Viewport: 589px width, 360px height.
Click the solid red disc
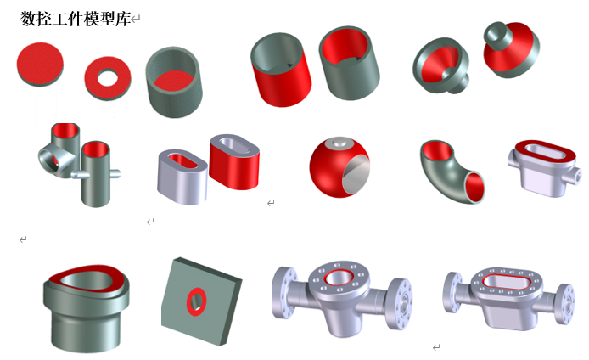(x=40, y=64)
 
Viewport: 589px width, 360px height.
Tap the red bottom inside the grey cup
(x=173, y=81)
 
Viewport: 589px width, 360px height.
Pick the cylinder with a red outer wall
(x=281, y=70)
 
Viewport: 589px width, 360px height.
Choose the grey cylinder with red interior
(x=349, y=63)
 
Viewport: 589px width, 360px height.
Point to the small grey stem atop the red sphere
(x=340, y=143)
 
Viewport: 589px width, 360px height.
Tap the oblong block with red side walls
(x=234, y=162)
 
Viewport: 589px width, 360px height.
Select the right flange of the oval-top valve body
(x=565, y=304)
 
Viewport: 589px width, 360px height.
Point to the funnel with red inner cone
(x=441, y=65)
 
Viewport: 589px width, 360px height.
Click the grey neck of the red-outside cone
(x=498, y=33)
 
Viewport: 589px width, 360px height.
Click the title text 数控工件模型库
(x=76, y=19)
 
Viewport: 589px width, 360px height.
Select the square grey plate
(x=201, y=301)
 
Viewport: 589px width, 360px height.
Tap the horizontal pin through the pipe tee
(x=96, y=174)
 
